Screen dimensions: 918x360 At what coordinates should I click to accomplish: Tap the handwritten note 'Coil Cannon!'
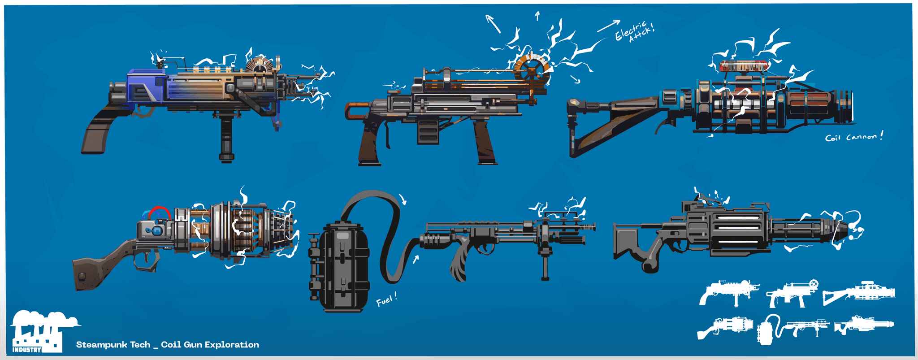click(854, 136)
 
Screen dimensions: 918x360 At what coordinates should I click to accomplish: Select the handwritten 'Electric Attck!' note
click(634, 31)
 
